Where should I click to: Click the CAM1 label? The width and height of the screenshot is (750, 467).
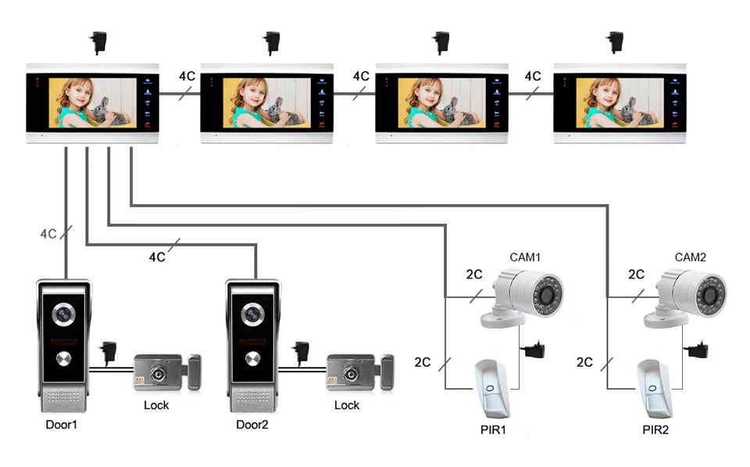coord(525,257)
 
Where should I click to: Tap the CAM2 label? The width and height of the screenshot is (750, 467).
coord(690,257)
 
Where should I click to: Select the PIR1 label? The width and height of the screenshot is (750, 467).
coord(496,429)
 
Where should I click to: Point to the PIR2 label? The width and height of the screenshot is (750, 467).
coord(655,429)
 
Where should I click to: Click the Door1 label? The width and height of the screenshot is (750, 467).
coord(62,425)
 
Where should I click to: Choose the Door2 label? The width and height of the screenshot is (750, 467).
coord(252,425)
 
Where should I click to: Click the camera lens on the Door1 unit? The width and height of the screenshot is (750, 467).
coord(62,314)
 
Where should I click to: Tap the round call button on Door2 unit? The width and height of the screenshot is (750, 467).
coord(252,359)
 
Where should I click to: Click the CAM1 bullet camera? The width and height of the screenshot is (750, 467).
coord(523,297)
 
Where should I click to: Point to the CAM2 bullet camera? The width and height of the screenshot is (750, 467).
coord(690,297)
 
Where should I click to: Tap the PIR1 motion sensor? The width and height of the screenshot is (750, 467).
coord(493,389)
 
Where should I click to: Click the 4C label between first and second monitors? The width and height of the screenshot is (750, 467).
coord(187,76)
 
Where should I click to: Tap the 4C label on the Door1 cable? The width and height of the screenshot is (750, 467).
coord(48,233)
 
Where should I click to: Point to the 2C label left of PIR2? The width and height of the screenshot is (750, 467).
coord(584,362)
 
